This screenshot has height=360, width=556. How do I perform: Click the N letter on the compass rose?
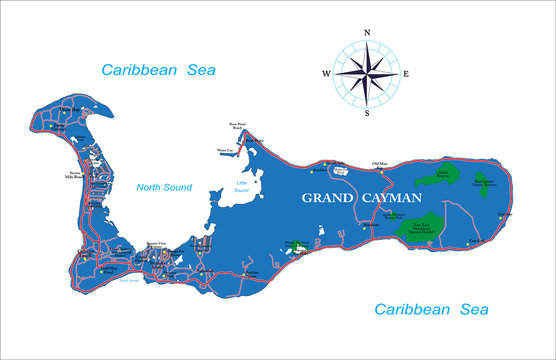coord(368,34)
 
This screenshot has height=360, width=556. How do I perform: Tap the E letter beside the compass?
coord(405,73)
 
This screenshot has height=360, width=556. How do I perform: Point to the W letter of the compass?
coord(326,73)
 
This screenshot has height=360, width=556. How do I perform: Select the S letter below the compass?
coord(367,113)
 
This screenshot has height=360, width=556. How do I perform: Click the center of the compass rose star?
coord(367,73)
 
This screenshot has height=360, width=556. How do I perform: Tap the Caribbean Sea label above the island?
coord(158,69)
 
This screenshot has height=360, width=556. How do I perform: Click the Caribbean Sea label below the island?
coord(431,309)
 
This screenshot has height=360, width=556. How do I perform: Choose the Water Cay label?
coord(225,150)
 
